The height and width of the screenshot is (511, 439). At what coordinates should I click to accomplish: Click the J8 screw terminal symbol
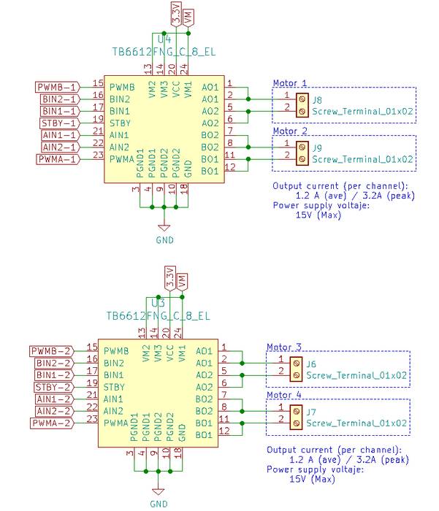tap(301, 104)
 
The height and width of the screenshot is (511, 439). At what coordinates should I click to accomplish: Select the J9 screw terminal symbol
tap(301, 152)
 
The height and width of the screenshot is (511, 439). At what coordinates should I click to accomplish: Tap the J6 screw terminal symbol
tap(295, 369)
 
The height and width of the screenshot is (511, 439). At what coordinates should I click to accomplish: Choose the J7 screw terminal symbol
tap(295, 416)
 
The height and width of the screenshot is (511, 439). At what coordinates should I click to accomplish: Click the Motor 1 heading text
tap(290, 83)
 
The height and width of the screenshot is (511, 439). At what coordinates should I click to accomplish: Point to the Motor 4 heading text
tap(284, 395)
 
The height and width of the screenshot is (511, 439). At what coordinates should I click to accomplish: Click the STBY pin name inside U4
tap(121, 123)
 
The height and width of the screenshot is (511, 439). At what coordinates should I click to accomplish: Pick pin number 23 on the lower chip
tap(92, 419)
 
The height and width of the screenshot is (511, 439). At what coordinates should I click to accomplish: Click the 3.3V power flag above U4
tap(175, 14)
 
